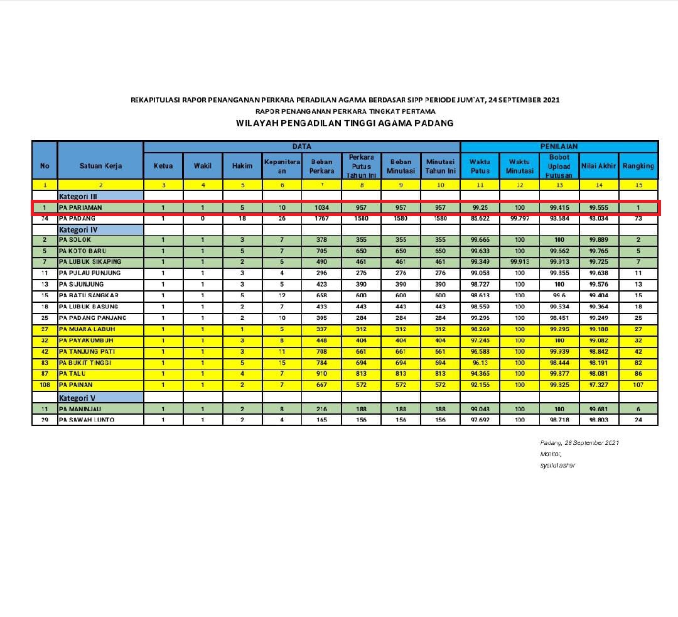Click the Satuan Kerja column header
point(100,166)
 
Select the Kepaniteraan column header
point(282,166)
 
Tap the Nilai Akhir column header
point(599,166)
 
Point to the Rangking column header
point(638,166)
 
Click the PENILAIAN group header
point(559,146)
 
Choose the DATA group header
point(301,146)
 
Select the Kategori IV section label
point(78,229)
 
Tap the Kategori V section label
point(78,398)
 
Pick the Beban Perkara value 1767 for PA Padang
point(321,218)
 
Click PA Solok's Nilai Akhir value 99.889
point(599,240)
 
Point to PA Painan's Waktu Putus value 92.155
point(480,385)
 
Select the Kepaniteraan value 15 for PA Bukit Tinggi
point(282,363)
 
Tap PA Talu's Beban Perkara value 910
point(321,374)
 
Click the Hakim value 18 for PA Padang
point(242,218)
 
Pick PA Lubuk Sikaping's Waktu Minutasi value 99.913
point(520,262)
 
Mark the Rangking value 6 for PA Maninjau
point(638,408)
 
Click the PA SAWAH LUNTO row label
point(87,419)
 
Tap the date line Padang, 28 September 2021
point(579,443)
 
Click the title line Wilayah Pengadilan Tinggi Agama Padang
point(345,123)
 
